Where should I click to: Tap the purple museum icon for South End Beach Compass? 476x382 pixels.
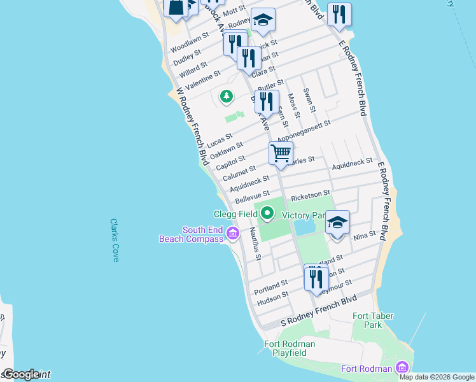[233, 235]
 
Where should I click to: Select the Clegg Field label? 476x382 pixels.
[235, 215]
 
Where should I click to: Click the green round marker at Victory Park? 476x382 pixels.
[267, 214]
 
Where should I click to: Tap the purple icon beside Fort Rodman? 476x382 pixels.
[402, 367]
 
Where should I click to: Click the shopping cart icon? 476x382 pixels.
[281, 153]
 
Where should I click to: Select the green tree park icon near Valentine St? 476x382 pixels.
[226, 96]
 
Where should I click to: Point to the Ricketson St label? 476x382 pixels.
[311, 193]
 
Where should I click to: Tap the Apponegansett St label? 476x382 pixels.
[304, 131]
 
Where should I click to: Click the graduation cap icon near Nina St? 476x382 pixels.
[337, 223]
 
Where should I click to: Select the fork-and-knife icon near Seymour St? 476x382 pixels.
[314, 278]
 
